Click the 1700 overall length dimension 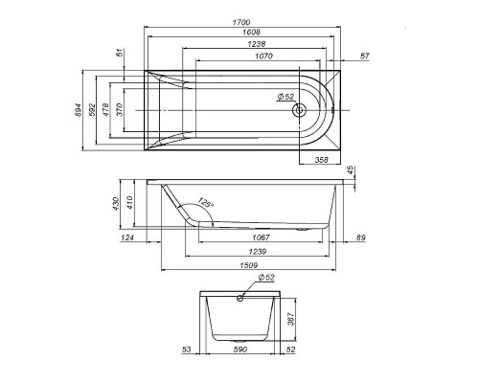[x=241, y=22]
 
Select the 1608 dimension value [x=251, y=32]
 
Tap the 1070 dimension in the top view [x=263, y=56]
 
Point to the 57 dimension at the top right [x=364, y=56]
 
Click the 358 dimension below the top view [x=321, y=160]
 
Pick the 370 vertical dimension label [x=119, y=109]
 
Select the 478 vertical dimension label [x=105, y=109]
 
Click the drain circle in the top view [x=299, y=110]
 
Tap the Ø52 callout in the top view [x=285, y=96]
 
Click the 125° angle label [x=204, y=202]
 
